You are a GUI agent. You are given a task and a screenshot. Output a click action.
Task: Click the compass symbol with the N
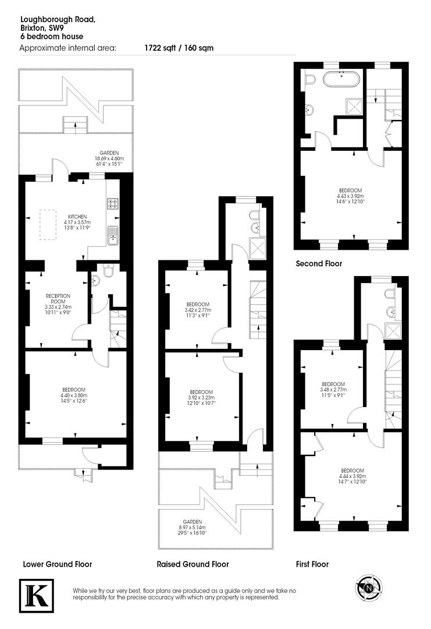coord(368,589)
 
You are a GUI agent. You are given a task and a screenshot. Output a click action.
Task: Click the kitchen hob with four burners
coord(113,204)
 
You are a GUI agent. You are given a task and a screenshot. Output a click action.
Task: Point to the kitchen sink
coord(112,235)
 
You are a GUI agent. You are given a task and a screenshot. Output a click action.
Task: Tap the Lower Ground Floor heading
coord(58,564)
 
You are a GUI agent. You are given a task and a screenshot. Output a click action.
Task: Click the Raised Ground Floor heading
coord(193,564)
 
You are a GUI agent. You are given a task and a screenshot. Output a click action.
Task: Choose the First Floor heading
coord(312,564)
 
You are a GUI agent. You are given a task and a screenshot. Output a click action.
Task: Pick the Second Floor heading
coord(319,263)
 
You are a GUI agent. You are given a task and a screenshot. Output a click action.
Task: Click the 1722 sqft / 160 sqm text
coord(179,48)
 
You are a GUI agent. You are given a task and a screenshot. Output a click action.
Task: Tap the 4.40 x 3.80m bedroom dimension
coord(74,396)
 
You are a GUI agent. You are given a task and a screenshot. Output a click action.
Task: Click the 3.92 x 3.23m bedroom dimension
coord(200,398)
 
